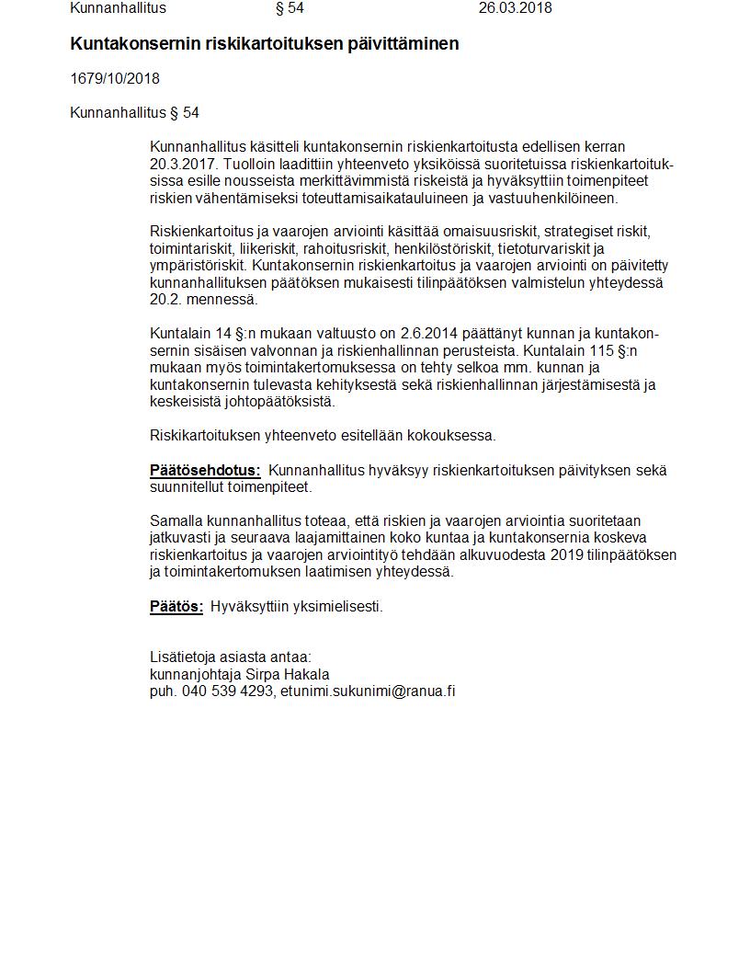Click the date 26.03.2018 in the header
[x=515, y=8]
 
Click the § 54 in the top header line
[x=290, y=8]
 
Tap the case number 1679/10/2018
[x=115, y=79]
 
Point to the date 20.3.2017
[x=180, y=164]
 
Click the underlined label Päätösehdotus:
[x=205, y=471]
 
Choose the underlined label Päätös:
[x=176, y=607]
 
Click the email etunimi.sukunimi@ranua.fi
[x=368, y=691]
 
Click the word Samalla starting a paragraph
[x=176, y=521]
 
